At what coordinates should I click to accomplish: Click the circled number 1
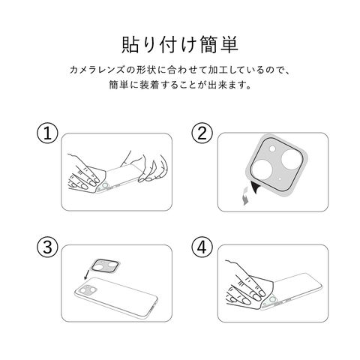click(x=47, y=133)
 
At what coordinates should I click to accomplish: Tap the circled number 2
click(x=202, y=133)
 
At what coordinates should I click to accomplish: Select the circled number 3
click(x=47, y=246)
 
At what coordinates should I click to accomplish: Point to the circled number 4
click(x=202, y=246)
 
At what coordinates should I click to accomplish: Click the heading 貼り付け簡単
click(x=180, y=45)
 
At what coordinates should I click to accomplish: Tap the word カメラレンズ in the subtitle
click(x=97, y=70)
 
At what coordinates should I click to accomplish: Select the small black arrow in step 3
click(x=86, y=274)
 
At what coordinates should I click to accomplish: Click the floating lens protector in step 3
click(x=103, y=265)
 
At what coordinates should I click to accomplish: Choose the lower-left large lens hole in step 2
click(x=262, y=169)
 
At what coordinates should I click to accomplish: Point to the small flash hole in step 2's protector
click(x=272, y=149)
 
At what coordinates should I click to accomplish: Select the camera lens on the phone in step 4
click(x=272, y=299)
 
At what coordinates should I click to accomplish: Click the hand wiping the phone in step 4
click(x=246, y=285)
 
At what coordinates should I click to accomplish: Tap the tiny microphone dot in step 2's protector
click(x=279, y=178)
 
